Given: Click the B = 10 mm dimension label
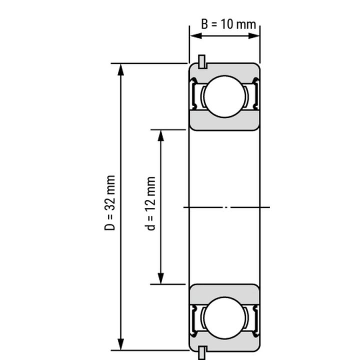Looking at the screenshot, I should (x=228, y=24).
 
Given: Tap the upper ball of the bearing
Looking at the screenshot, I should (x=224, y=96).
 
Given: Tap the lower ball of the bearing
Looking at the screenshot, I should (x=224, y=317).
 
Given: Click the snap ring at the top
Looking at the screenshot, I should (x=202, y=61).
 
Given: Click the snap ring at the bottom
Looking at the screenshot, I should (x=201, y=352).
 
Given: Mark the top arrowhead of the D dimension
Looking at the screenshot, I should (x=120, y=69).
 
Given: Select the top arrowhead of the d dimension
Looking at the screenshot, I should (x=161, y=135).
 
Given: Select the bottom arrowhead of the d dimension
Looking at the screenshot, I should (x=161, y=278).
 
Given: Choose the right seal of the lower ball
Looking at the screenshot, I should (x=254, y=317).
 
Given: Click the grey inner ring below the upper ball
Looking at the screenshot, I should (x=224, y=122).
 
